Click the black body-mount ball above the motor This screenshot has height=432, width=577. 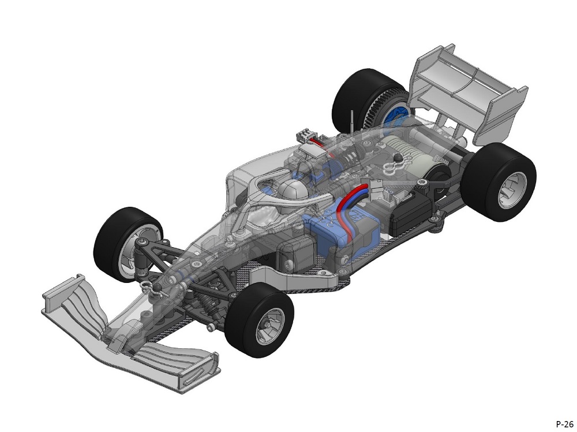[398, 159]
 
